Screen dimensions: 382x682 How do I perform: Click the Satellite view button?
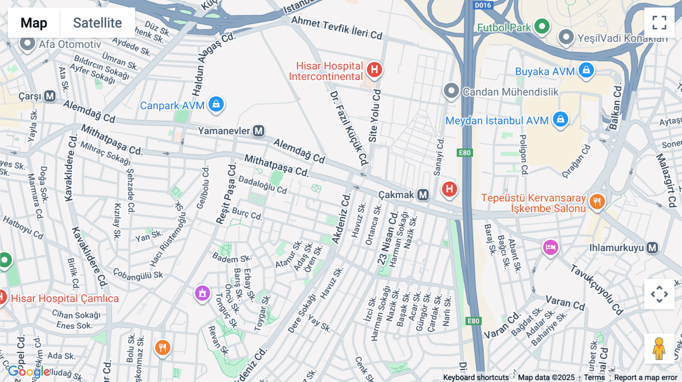coord(97,23)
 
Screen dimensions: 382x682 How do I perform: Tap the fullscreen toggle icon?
coord(659,23)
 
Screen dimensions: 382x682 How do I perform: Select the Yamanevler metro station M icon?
coord(259,131)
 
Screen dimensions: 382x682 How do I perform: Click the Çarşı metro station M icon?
coord(50,96)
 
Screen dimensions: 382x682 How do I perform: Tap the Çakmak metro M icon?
coord(423,195)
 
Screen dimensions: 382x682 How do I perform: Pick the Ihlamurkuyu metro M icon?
coord(652,248)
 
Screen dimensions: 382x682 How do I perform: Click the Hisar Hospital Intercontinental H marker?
coord(374,70)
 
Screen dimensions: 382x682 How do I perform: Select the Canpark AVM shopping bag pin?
coord(216,104)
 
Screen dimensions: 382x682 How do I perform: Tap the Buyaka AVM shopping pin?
coord(586,70)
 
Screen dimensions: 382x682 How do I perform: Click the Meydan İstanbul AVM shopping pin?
coord(560,120)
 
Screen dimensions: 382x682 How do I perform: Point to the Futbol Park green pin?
coord(542,26)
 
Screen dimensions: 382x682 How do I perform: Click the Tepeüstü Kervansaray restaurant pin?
coord(597,202)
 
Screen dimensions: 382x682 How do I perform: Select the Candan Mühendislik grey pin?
coord(451,91)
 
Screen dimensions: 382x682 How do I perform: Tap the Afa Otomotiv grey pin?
coord(27,43)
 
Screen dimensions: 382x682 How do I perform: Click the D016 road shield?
coord(483,5)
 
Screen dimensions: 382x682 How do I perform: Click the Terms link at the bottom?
coord(594,377)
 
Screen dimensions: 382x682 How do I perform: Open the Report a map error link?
coord(646,377)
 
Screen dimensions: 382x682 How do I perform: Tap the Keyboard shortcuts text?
coord(476,377)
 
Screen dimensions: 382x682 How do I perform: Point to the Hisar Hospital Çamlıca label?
coord(65,299)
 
